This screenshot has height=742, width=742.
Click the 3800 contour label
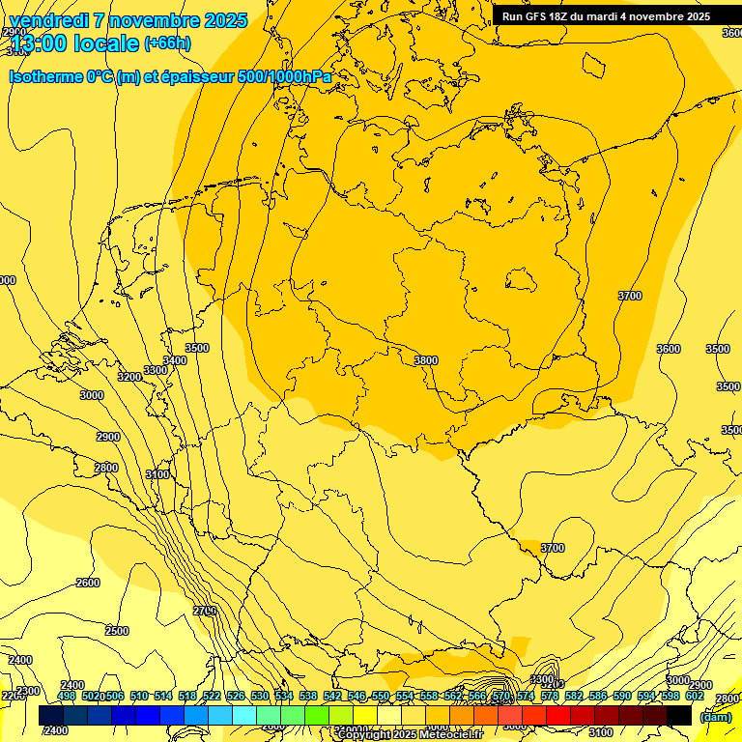(x=425, y=360)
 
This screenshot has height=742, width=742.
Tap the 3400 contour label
(x=175, y=360)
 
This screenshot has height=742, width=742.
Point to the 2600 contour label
(x=88, y=583)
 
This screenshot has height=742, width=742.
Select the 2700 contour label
(x=204, y=611)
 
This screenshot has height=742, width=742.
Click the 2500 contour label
(x=117, y=631)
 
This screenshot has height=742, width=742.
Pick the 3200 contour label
(x=128, y=377)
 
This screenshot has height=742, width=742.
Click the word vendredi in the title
(x=49, y=20)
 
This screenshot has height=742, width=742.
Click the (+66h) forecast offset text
(x=167, y=43)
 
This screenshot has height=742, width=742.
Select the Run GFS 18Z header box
(x=606, y=16)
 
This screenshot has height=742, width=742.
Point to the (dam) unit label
(x=715, y=716)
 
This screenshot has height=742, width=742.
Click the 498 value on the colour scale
(x=67, y=696)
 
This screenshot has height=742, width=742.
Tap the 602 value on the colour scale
(x=694, y=696)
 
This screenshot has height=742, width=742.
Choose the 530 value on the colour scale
(x=260, y=696)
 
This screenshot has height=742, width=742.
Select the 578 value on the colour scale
(x=549, y=696)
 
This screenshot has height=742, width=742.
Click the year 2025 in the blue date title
(x=219, y=20)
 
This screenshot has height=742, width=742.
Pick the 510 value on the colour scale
(x=139, y=696)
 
